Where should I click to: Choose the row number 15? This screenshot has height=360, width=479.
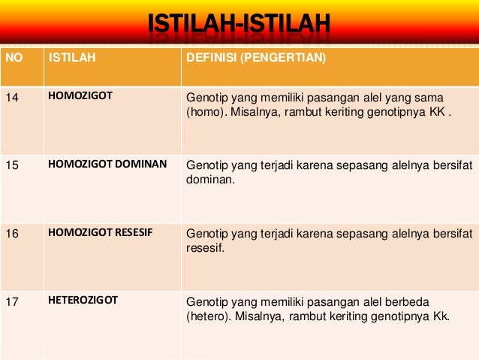coord(12,162)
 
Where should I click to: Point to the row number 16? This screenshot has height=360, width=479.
coord(12,233)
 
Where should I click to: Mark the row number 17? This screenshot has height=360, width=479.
coord(12,301)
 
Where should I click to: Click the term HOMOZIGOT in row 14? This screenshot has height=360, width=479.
coord(80,97)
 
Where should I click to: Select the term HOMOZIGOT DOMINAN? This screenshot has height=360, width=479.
coord(107,162)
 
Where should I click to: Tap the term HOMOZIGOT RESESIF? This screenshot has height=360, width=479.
coord(100,232)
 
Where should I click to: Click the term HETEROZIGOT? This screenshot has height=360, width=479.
coord(83,300)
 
